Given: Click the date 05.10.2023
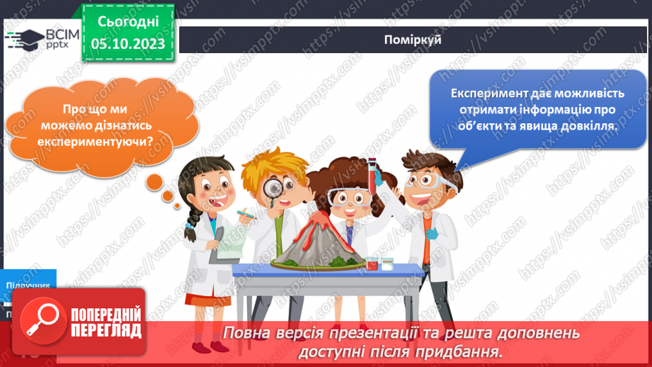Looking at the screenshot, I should (x=128, y=44).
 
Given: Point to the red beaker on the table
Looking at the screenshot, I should (x=372, y=264).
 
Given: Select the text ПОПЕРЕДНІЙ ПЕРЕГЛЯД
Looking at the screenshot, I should (x=106, y=323).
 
